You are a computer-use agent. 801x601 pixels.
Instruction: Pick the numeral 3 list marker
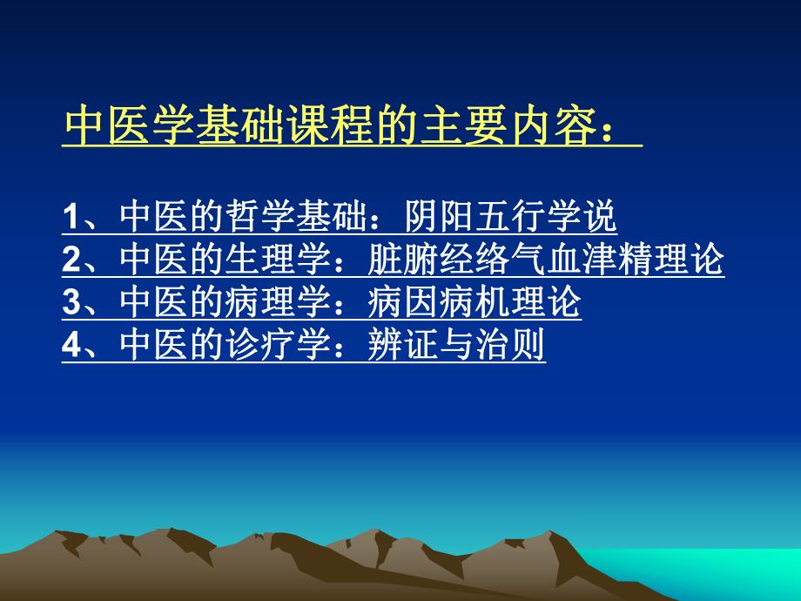click(x=71, y=304)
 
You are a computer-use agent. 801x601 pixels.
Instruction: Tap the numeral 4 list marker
click(x=71, y=347)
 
